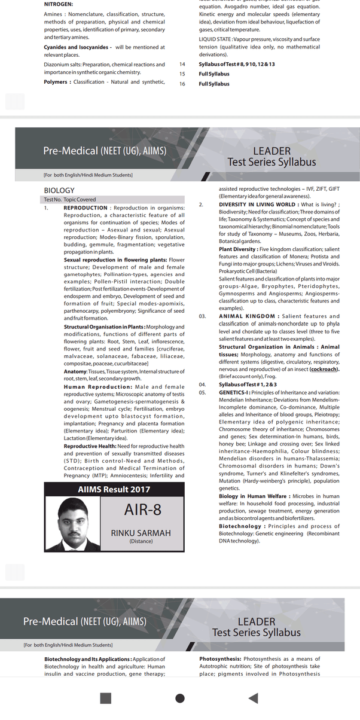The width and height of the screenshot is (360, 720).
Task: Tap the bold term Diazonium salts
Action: pyautogui.click(x=66, y=64)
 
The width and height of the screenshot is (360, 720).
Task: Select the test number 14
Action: pyautogui.click(x=183, y=64)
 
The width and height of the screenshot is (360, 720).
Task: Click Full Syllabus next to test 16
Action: pyautogui.click(x=214, y=84)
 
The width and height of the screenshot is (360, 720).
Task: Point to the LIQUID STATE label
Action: pyautogui.click(x=218, y=38)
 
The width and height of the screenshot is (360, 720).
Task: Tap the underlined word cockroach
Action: pyautogui.click(x=324, y=370)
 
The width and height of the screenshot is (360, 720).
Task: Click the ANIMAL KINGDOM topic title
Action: pyautogui.click(x=247, y=316)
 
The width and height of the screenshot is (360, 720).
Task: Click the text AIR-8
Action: pyautogui.click(x=143, y=510)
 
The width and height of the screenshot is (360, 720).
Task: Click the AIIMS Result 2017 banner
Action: pyautogui.click(x=114, y=489)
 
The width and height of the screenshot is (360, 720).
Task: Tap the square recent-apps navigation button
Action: pyautogui.click(x=106, y=698)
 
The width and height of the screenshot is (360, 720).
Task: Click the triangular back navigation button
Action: pyautogui.click(x=253, y=698)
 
